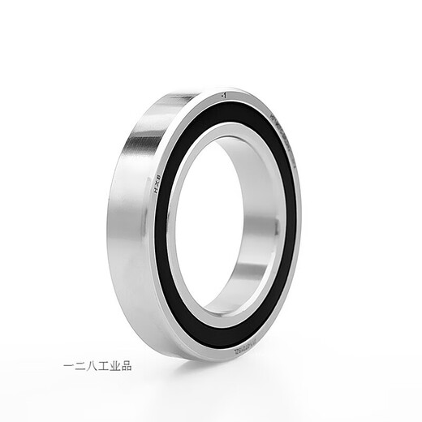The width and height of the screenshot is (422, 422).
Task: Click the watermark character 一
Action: (69, 365)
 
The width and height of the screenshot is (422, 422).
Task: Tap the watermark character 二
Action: (81, 365)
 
